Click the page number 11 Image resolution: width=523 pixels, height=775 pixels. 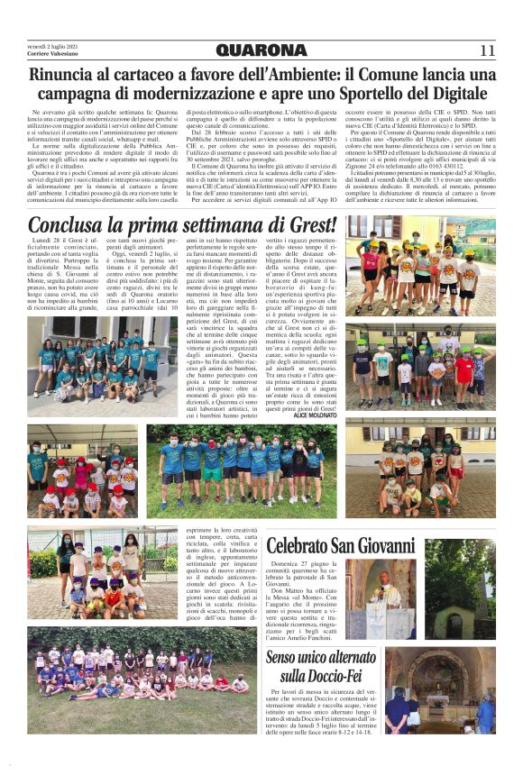pos(487,50)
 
